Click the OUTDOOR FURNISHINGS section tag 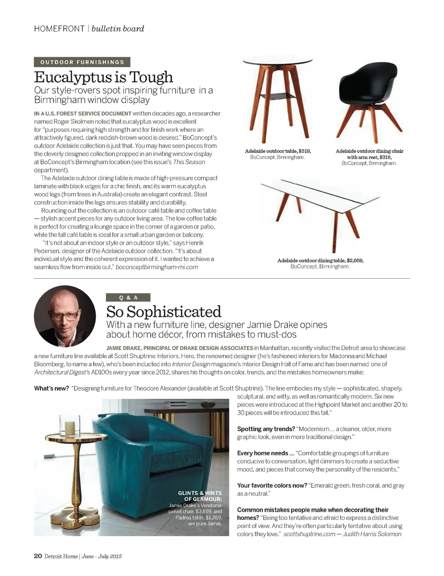82,62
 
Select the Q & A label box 128,297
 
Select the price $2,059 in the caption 355,260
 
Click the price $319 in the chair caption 385,157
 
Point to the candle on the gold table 70,428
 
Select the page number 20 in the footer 38,556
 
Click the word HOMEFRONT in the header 59,29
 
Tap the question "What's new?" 52,388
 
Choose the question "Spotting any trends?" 266,429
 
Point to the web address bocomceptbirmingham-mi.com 157,267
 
